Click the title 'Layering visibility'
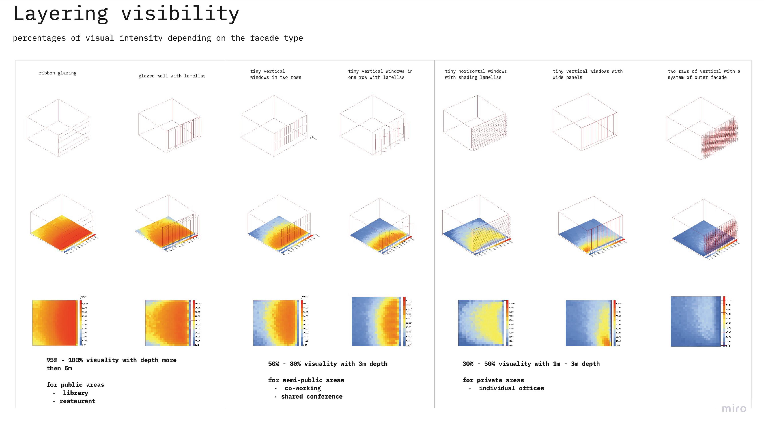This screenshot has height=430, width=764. click(126, 14)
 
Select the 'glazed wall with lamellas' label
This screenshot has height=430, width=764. click(172, 76)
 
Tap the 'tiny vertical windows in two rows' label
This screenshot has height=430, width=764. click(275, 74)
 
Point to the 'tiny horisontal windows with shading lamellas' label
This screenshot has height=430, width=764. click(475, 74)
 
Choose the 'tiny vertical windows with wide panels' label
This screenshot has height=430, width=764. click(587, 74)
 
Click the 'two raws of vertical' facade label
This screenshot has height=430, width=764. click(704, 74)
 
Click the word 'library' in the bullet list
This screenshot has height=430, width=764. click(75, 393)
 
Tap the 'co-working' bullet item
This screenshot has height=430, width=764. click(302, 388)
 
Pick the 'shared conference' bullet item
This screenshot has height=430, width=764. click(311, 397)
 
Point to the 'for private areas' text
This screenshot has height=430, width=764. click(493, 380)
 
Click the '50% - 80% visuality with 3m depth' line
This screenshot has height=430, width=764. click(327, 364)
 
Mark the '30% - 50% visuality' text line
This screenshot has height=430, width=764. click(531, 364)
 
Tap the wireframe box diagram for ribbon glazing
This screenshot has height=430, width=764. click(59, 128)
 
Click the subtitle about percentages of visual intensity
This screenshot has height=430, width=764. click(158, 38)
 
